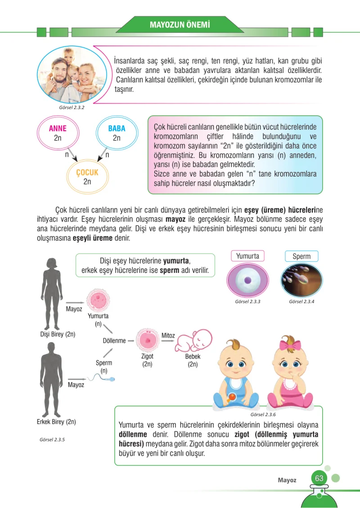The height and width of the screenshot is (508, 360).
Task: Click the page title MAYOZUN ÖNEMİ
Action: coord(180,25)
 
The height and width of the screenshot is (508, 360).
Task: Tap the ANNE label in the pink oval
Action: coord(58,128)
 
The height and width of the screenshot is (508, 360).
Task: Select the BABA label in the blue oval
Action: coord(117,128)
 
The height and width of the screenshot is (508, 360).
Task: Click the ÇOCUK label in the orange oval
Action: coord(87,172)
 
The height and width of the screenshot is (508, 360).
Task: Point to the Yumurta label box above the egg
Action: coord(247,256)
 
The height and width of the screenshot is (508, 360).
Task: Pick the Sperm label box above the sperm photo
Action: coord(301,256)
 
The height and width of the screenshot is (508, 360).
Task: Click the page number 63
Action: coord(319,478)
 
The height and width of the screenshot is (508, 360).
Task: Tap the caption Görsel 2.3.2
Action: coord(72,107)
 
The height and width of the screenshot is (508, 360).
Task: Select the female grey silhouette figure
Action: coord(52,294)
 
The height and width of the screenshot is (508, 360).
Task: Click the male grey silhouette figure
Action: coord(51,379)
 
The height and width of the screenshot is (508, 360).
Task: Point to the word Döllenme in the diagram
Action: coord(114,340)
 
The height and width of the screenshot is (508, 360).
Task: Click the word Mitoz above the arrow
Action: coord(168,336)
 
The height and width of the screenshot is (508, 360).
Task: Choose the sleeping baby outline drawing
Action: coord(193,341)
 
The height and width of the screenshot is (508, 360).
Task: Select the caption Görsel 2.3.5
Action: coord(52,440)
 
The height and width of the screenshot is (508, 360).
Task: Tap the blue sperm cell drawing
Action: coord(101,377)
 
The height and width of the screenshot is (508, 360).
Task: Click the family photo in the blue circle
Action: coord(72,75)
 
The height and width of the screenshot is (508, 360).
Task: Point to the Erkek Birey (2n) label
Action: coord(56,422)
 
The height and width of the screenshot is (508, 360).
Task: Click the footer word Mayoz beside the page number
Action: coord(287,480)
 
